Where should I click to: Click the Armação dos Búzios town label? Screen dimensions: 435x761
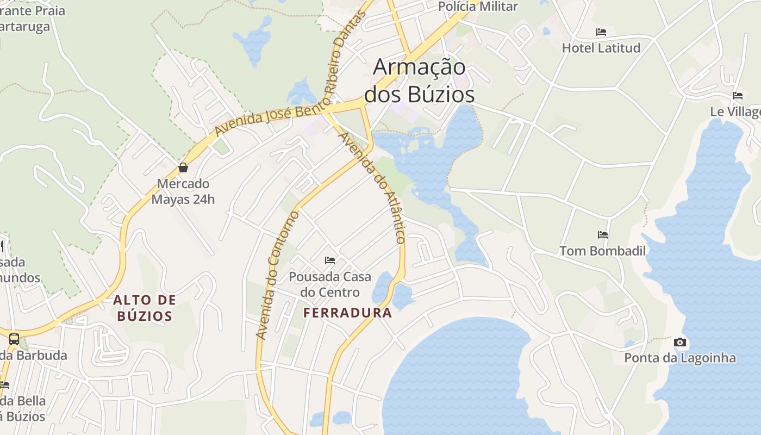[419, 80]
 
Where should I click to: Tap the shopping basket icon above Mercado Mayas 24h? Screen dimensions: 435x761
[183, 167]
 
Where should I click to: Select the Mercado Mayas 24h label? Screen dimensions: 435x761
[183, 191]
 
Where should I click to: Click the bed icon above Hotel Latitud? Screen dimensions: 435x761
[601, 32]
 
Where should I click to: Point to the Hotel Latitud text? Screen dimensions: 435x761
[601, 48]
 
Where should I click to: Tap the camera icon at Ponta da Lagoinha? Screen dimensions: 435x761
[679, 342]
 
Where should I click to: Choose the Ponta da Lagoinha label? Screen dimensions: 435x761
[679, 358]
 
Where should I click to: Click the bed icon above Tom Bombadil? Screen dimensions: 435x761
[603, 235]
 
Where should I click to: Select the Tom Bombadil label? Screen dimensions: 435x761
[603, 251]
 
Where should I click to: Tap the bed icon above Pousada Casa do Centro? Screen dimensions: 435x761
[330, 260]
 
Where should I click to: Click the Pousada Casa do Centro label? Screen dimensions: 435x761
[330, 284]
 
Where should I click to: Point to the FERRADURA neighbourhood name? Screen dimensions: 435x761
[347, 313]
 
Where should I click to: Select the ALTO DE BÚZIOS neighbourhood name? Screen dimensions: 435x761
[145, 308]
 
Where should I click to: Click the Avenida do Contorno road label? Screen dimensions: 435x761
[278, 275]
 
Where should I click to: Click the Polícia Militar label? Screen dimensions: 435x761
[478, 7]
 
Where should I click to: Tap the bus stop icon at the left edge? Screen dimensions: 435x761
[14, 339]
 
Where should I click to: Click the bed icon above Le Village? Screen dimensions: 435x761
[738, 96]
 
